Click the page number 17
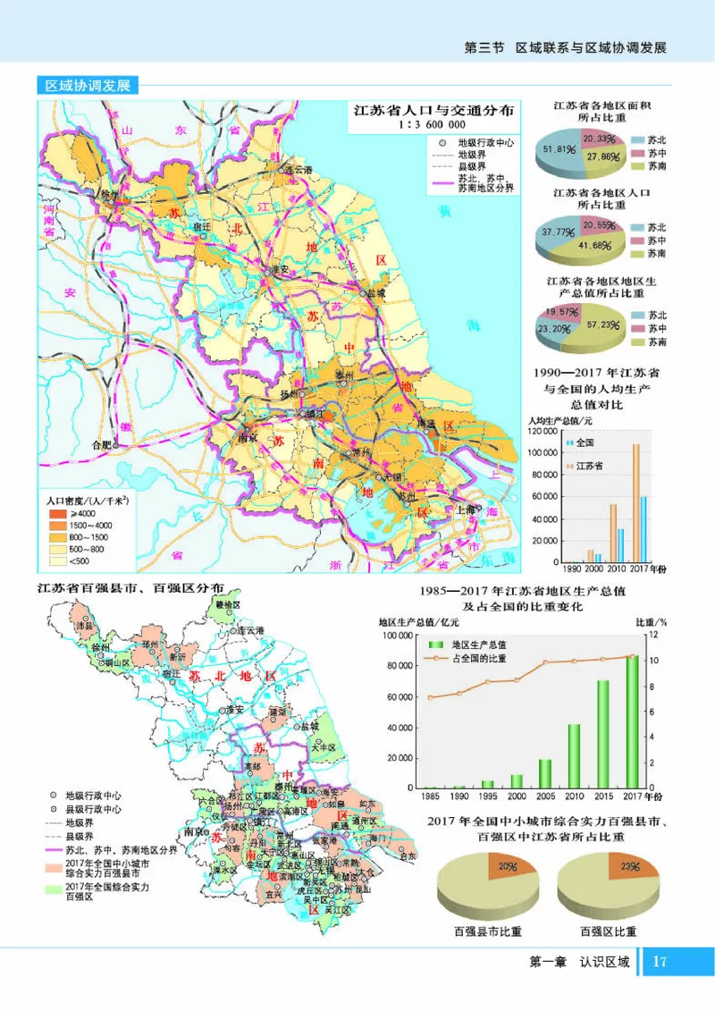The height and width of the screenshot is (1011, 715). click(x=660, y=961)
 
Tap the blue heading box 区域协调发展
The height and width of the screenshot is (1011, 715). click(x=88, y=86)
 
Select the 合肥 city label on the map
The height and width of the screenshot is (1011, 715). click(x=104, y=444)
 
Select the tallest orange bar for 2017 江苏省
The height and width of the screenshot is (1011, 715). click(x=635, y=501)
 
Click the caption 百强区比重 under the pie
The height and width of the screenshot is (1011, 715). click(x=608, y=931)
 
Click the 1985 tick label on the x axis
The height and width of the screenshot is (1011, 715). click(x=430, y=795)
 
